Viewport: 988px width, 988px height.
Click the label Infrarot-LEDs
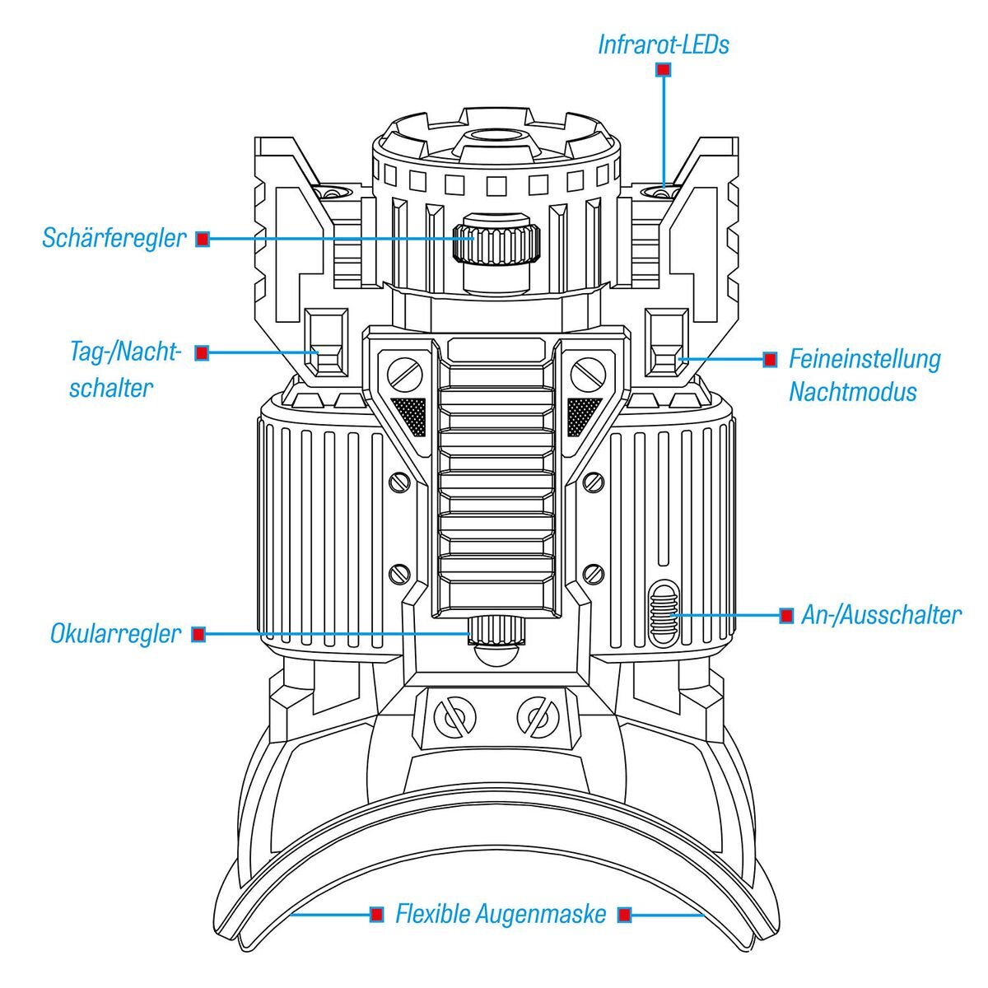(x=663, y=44)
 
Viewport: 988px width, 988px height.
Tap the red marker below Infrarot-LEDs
(x=663, y=71)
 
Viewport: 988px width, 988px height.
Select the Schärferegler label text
(x=114, y=239)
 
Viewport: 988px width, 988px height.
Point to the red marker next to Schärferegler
(x=203, y=240)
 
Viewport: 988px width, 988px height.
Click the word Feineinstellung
(x=864, y=360)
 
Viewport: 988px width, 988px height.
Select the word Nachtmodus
(x=852, y=391)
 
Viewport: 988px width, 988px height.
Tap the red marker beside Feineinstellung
(x=770, y=360)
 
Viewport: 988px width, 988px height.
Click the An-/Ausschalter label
(x=880, y=615)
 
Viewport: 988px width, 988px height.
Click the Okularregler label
(x=115, y=634)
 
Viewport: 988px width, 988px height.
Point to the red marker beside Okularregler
(x=198, y=634)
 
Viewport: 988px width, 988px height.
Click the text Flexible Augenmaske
(x=501, y=914)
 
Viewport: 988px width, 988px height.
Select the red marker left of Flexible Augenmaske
(x=376, y=914)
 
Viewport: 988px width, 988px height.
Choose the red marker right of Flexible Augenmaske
(x=625, y=914)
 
